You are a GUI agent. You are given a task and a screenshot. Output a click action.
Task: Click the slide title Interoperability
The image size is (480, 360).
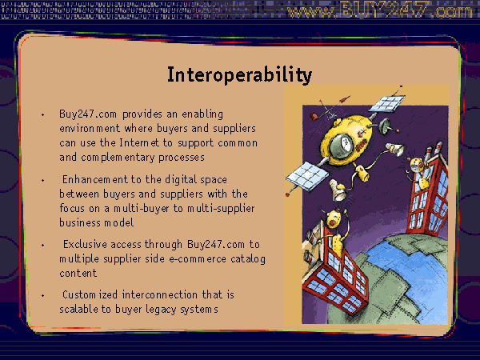239,75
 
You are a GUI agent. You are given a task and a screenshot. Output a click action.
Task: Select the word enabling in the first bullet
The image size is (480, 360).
202,114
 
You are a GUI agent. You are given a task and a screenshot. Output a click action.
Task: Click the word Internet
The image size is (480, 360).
139,142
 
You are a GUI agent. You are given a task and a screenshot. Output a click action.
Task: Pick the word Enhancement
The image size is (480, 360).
95,179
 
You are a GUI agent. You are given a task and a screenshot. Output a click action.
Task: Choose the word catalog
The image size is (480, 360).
248,259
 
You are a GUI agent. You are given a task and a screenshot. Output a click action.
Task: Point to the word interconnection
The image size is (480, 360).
159,294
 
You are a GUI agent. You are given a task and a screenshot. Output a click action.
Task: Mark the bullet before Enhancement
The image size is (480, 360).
43,180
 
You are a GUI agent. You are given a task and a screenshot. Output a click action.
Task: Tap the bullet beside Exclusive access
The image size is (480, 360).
43,245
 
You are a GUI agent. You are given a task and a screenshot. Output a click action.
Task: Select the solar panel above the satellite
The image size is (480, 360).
387,104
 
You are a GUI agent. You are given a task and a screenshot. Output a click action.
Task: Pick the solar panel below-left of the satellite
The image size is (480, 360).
306,176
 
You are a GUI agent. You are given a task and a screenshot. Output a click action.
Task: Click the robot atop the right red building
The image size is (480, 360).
418,173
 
